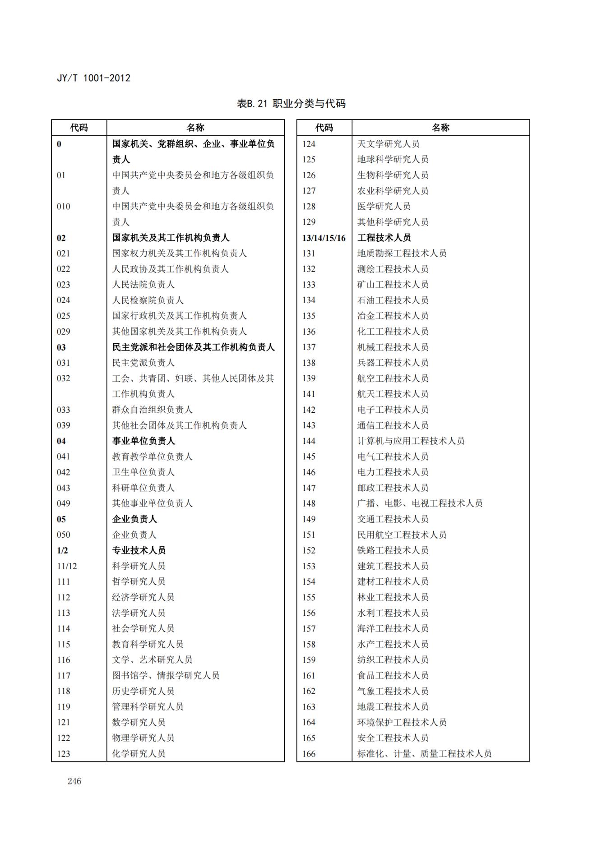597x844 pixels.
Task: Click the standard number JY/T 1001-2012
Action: [x=93, y=78]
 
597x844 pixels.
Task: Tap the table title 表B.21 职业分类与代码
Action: [x=291, y=104]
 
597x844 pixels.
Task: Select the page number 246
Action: [x=74, y=781]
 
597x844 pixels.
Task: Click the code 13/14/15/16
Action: [x=324, y=238]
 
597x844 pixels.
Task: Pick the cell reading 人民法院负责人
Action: [x=143, y=285]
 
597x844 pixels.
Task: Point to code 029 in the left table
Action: [x=64, y=332]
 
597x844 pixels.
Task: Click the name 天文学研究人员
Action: [x=388, y=144]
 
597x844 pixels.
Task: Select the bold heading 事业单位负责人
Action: [x=143, y=441]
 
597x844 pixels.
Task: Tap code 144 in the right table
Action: [x=309, y=441]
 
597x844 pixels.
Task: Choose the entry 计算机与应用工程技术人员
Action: [x=411, y=441]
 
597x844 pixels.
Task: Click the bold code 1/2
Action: [x=62, y=550]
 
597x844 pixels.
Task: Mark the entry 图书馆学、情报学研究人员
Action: [x=166, y=675]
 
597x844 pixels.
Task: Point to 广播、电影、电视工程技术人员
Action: [x=420, y=503]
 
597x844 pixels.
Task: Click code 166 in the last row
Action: [x=309, y=753]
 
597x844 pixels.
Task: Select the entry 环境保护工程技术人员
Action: [x=402, y=722]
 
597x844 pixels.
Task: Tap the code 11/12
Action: [x=67, y=566]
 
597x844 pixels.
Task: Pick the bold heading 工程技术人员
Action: [x=384, y=238]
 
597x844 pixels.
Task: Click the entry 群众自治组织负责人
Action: [x=152, y=410]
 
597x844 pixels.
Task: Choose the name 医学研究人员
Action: [x=384, y=206]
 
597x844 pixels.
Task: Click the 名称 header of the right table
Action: [x=440, y=128]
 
